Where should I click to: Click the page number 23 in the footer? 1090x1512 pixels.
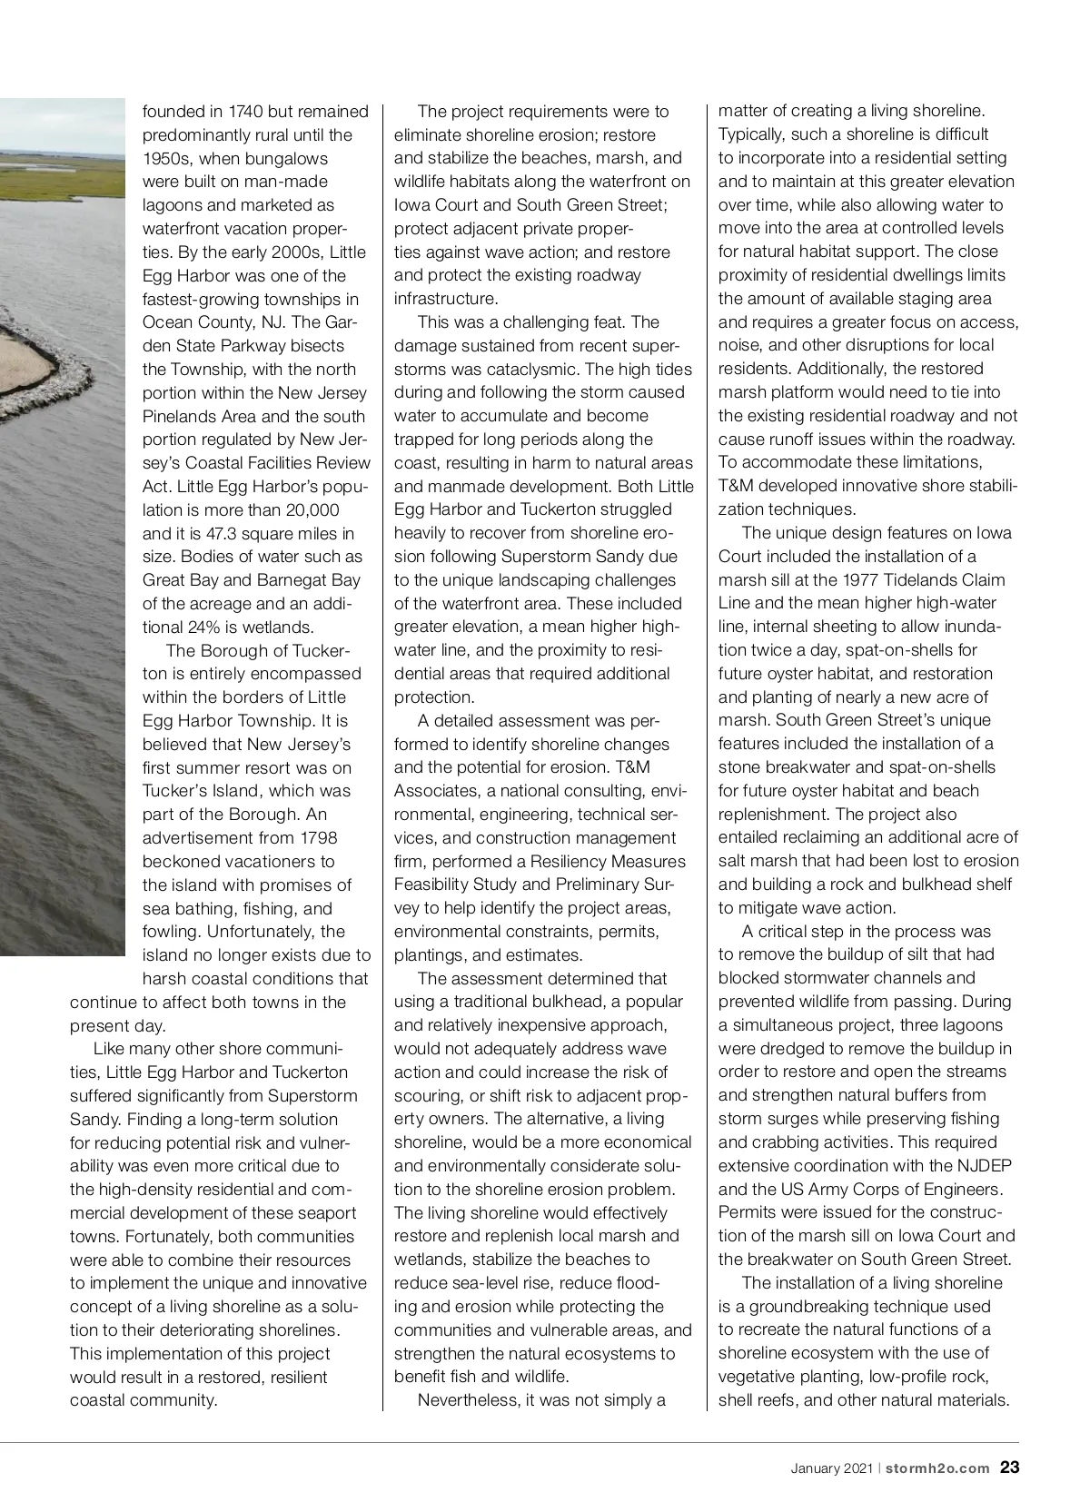(x=1009, y=1468)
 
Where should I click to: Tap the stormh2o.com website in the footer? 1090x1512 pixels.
(x=937, y=1468)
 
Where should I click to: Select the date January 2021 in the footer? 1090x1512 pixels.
(x=831, y=1468)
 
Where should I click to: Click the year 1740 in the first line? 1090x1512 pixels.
(x=245, y=112)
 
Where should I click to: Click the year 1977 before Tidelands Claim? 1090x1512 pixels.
(x=861, y=580)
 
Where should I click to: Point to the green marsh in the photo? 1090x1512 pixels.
(x=54, y=177)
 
